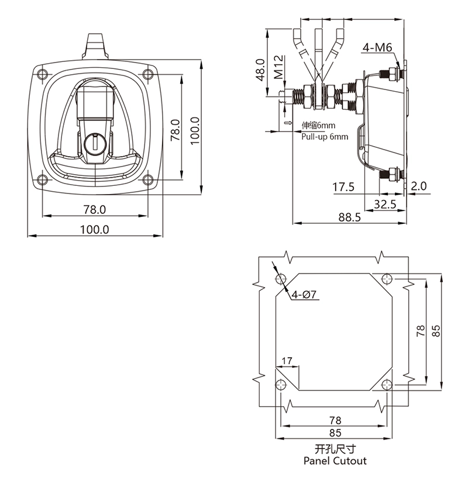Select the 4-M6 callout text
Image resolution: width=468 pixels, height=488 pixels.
pos(377,48)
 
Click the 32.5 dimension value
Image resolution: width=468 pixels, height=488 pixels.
pos(384,204)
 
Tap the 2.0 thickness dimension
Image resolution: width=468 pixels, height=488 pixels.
pos(419,186)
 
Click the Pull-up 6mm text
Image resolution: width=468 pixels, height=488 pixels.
pos(325,136)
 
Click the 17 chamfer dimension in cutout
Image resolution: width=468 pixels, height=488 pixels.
pos(287,360)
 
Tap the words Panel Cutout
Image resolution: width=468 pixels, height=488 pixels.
pos(335,461)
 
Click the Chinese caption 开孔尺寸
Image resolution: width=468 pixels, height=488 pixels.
pos(335,449)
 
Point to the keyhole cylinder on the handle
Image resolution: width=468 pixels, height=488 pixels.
pos(94,142)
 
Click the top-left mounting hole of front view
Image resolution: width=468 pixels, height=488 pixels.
pos(41,74)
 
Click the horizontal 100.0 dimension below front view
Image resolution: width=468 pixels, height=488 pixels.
pos(94,229)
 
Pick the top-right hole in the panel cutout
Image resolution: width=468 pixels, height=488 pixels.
pos(386,278)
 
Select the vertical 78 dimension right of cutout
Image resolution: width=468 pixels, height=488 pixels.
pos(421,331)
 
